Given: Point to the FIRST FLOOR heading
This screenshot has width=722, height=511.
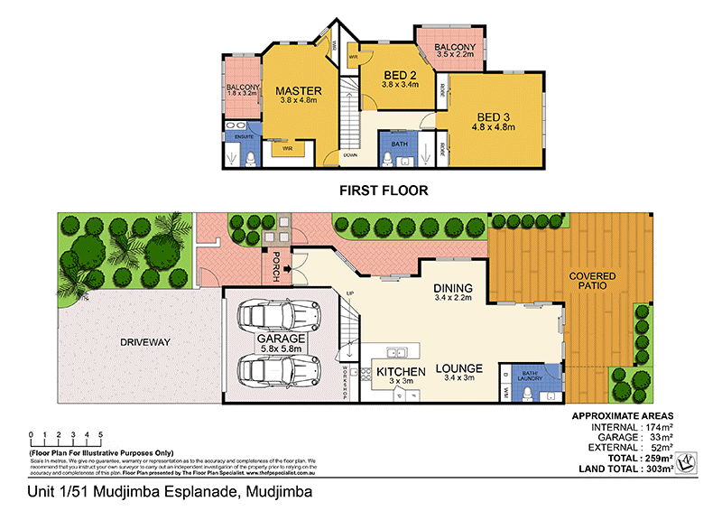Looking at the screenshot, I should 383,190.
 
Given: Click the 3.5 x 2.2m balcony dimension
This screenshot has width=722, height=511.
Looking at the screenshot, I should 455,55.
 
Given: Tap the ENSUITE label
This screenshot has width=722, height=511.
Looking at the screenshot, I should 243,136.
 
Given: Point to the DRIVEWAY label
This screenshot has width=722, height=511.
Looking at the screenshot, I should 144,342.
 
